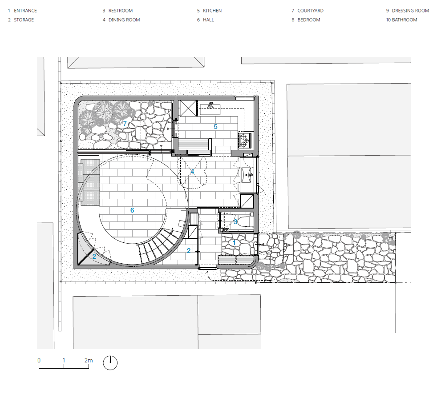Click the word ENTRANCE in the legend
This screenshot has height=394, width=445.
pos(25,11)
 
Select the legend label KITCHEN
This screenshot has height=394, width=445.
pos(212,11)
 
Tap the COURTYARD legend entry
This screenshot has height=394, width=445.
pos(311,11)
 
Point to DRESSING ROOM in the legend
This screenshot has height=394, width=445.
pos(410,11)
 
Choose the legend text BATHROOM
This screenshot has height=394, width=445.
pos(405,20)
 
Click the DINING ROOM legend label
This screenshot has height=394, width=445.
pos(124,20)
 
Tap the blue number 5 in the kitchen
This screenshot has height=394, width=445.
pos(215,127)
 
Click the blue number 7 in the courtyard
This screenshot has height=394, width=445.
pos(125,124)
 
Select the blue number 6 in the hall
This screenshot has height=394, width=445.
pos(132,210)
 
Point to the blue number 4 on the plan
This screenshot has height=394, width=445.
pos(192,172)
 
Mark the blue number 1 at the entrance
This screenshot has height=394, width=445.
pos(234,243)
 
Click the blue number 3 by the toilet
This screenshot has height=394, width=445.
pos(235,222)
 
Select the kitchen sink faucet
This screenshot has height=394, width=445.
pos(210,105)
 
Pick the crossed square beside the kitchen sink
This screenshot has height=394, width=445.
pos(188,109)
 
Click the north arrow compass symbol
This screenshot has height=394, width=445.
pos(110,362)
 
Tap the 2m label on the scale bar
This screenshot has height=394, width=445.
pos(89,360)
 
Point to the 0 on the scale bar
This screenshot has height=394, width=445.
pos(39,360)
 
